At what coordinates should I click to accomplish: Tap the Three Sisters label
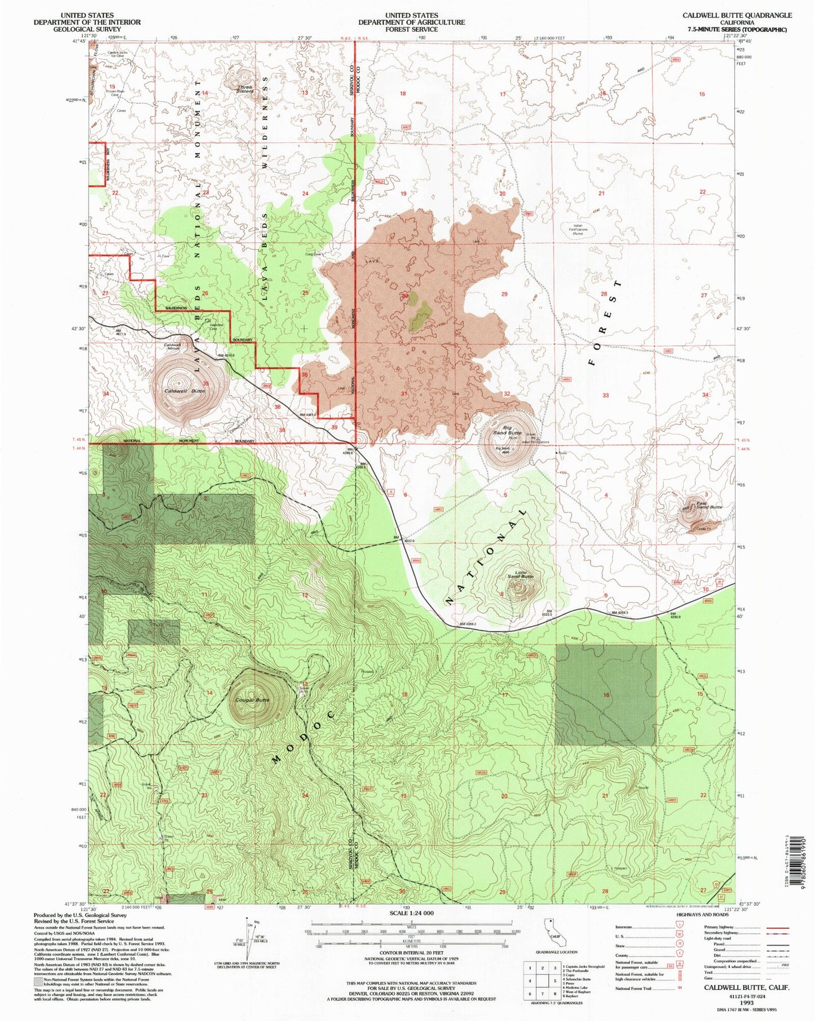click(245, 89)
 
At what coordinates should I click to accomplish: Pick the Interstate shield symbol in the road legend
click(676, 927)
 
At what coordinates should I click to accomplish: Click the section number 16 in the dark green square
click(606, 695)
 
